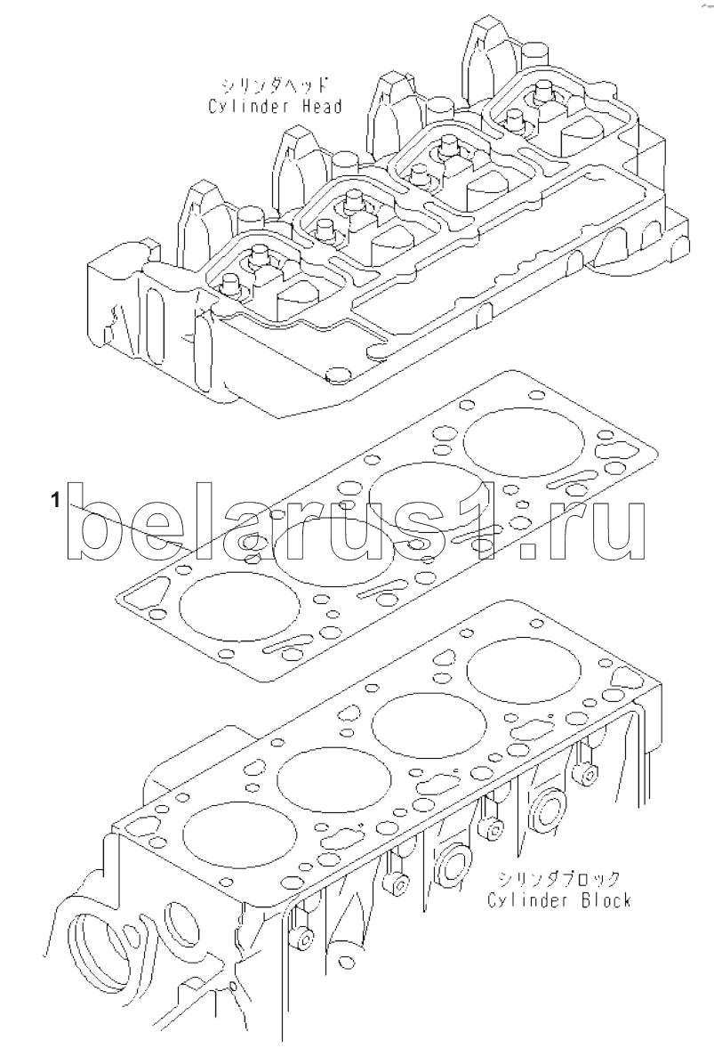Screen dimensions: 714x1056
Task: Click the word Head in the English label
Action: [x=318, y=106]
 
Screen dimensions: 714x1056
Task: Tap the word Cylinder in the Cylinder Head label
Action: [x=248, y=107]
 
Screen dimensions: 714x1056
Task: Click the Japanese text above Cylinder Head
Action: [x=276, y=85]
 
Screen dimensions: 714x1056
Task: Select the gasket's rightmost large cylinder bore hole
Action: [x=525, y=441]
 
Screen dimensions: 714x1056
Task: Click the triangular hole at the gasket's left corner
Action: [x=145, y=594]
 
